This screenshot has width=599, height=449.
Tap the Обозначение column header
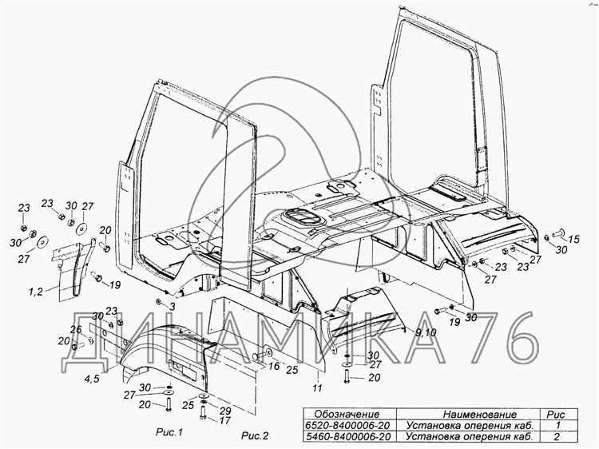coord(346,414)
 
